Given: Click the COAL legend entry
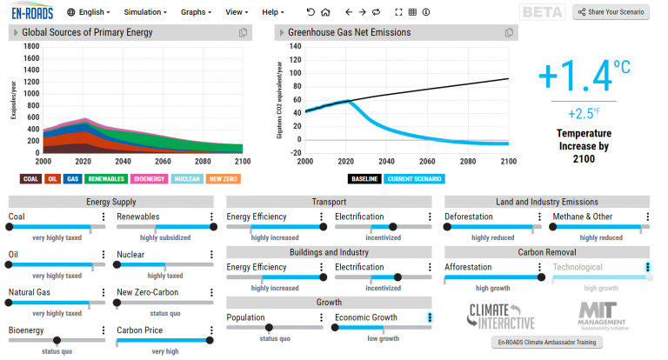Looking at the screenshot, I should (31, 179).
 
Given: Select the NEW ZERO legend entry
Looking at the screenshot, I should (224, 179).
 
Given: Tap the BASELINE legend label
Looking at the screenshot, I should (364, 179).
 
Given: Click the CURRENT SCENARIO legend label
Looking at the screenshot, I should (414, 179).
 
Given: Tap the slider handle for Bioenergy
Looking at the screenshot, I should (57, 341).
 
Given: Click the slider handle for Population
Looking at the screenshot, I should (269, 328).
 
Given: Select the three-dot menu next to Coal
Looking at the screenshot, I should (104, 217).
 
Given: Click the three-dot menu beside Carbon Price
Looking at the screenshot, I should (211, 330).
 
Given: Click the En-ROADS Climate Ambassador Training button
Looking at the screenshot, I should (547, 343).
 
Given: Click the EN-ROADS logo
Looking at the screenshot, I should (32, 12).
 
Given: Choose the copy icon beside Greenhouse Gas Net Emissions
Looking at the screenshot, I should (508, 33).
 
